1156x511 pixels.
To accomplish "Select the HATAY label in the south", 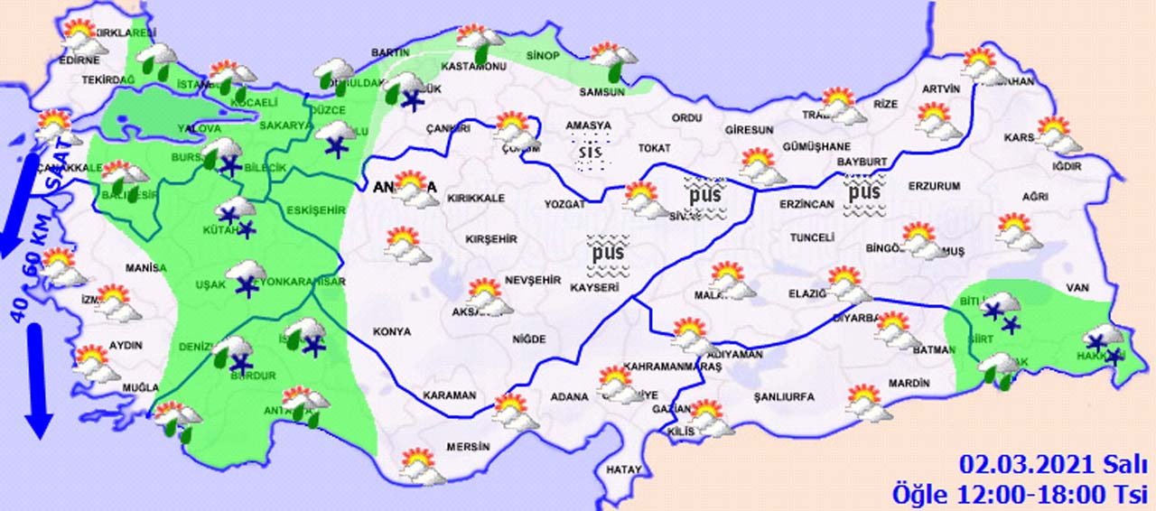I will pyautogui.click(x=624, y=469).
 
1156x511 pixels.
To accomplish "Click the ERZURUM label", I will pyautogui.click(x=934, y=186).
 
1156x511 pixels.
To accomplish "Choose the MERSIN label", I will pyautogui.click(x=468, y=447).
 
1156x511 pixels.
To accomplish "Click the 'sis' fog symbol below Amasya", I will pyautogui.click(x=590, y=152).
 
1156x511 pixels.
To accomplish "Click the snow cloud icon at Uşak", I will pyautogui.click(x=246, y=278).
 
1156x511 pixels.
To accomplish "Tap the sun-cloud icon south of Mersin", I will pyautogui.click(x=421, y=469).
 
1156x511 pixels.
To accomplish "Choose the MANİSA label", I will pyautogui.click(x=146, y=268).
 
